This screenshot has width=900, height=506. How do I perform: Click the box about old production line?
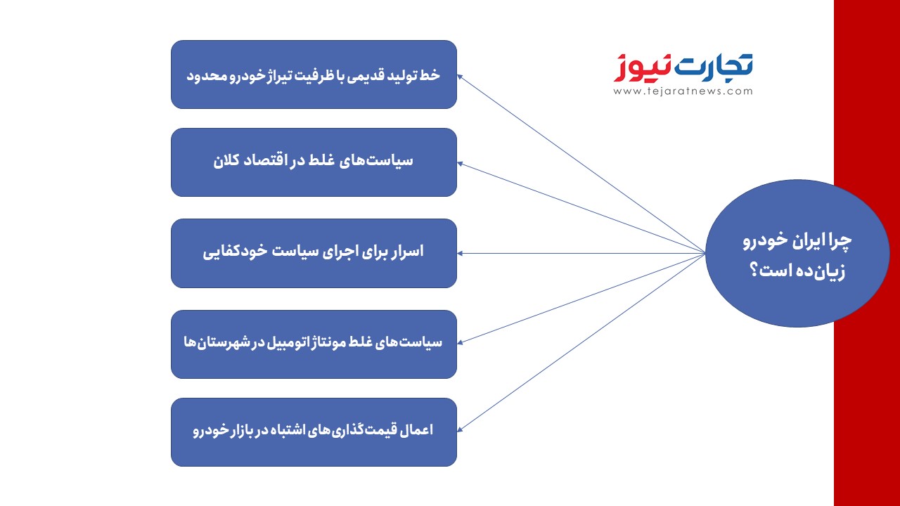point(314,74)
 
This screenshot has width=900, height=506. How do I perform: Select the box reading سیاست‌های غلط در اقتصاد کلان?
point(314,162)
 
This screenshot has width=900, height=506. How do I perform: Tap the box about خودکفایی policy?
point(314,253)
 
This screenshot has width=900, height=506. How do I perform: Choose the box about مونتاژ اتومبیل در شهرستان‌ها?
point(314,344)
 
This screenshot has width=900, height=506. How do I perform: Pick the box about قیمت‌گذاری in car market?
point(314,432)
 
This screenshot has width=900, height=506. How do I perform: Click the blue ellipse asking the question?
point(797,253)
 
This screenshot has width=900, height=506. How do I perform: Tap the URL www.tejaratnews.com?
point(683,91)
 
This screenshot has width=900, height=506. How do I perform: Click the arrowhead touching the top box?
point(461,77)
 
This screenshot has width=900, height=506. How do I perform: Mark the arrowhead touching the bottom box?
point(461,429)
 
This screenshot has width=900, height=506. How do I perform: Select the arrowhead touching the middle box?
point(460,254)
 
